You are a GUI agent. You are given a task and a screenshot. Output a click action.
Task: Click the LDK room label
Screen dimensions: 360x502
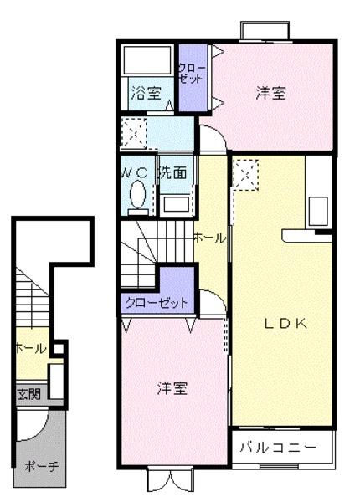point(285,324)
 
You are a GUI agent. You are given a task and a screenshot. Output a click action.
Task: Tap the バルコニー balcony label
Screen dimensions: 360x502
point(278,448)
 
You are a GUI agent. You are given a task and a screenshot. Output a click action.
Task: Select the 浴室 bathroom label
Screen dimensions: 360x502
point(146,93)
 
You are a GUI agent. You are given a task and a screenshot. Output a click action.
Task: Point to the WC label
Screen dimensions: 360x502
point(135,173)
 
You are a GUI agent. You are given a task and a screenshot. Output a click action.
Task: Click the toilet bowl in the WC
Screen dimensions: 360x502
point(138,194)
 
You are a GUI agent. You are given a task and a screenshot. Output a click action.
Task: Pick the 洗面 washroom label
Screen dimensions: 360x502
point(173,172)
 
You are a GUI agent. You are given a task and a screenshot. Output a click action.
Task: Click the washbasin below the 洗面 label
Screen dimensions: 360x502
point(176,204)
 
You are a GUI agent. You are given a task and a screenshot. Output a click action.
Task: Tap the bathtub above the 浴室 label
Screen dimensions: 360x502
point(147,61)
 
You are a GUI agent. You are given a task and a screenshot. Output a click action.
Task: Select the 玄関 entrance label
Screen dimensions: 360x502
point(28,393)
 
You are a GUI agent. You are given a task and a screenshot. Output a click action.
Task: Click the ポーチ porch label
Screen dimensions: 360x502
point(42,466)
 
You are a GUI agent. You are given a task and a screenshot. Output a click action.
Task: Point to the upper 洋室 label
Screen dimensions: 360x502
point(270,93)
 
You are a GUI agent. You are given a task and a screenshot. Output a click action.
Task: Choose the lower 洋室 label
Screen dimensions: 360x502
point(172,388)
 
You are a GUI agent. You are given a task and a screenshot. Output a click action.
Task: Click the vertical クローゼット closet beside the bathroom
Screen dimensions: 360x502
point(193,78)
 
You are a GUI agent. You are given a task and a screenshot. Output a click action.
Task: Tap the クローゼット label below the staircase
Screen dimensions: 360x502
point(157,303)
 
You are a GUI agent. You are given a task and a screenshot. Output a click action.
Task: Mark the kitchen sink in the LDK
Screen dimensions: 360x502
point(318,212)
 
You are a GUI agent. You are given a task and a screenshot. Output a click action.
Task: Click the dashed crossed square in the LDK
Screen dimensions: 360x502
point(246,175)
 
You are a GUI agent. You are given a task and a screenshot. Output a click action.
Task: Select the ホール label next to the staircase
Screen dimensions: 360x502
point(210,238)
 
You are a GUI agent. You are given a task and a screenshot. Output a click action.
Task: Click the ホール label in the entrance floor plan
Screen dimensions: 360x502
point(31,348)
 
